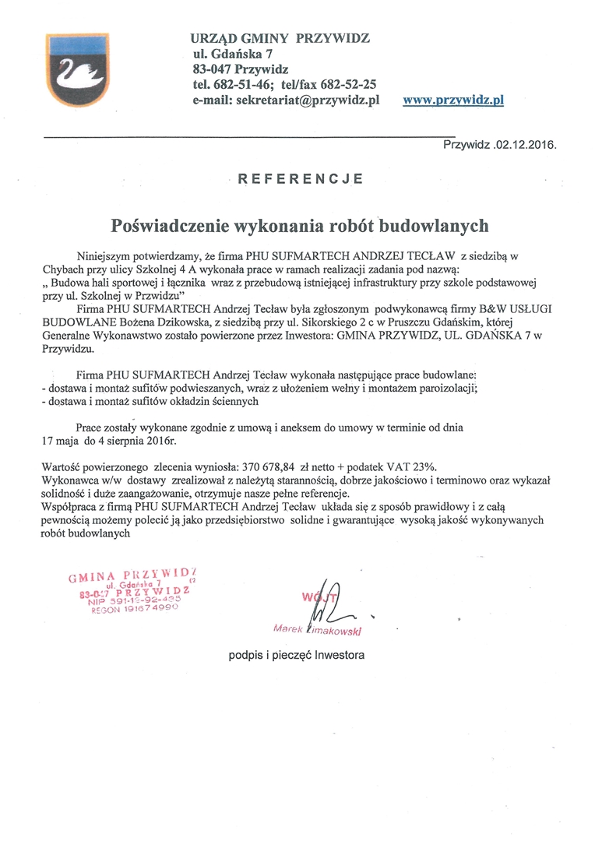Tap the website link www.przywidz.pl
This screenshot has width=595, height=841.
tap(453, 100)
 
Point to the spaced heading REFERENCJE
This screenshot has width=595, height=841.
tap(300, 178)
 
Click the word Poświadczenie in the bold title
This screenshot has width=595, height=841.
tap(169, 226)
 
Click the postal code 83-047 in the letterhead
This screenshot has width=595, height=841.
tap(211, 69)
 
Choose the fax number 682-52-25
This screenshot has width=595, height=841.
tap(349, 84)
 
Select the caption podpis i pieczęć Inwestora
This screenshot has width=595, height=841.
tap(296, 655)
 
